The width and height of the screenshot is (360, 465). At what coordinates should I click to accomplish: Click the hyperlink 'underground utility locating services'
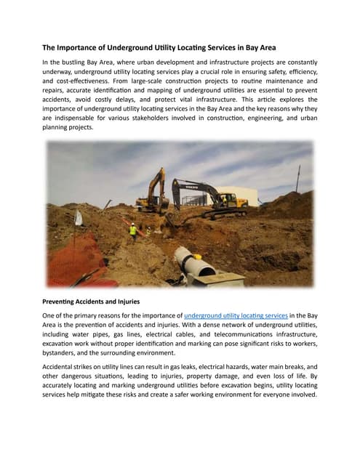click(x=236, y=316)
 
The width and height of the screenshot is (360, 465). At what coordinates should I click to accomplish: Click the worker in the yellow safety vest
click(x=132, y=230)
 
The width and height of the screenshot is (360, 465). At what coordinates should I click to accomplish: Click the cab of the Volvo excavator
click(x=227, y=200)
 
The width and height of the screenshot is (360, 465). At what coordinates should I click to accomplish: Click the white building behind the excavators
click(x=247, y=195)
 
